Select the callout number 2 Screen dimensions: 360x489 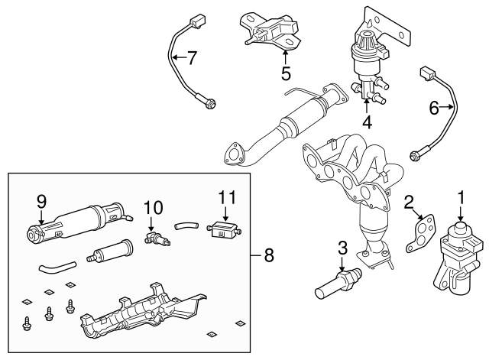point(410,202)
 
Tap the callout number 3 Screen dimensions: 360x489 point(342,248)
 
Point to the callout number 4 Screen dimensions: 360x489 point(368,122)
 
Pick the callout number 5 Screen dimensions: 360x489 point(286,73)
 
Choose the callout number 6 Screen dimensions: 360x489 point(434,109)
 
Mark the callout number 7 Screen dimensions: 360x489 point(192,57)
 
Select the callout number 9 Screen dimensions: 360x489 point(41,202)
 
